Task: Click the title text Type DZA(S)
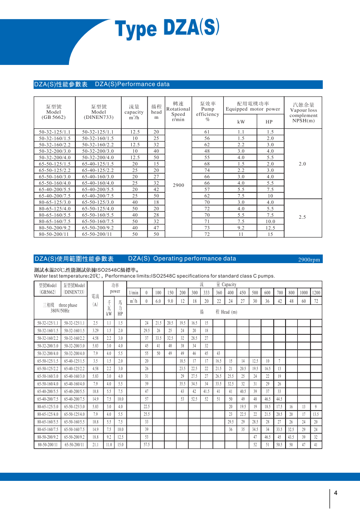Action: pyautogui.click(x=168, y=29)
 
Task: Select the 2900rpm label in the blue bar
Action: pyautogui.click(x=309, y=260)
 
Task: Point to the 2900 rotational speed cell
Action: pyautogui.click(x=178, y=186)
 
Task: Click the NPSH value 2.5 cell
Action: pyautogui.click(x=302, y=217)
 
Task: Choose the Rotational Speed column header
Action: pyautogui.click(x=178, y=112)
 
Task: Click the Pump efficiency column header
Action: pyautogui.click(x=207, y=112)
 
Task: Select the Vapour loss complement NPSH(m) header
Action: pyautogui.click(x=303, y=113)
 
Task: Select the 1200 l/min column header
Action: pyautogui.click(x=316, y=293)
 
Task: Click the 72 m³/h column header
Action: pyautogui.click(x=316, y=301)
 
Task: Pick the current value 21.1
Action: pyautogui.click(x=95, y=445)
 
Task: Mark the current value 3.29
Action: pyautogui.click(x=95, y=331)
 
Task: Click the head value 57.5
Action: pyautogui.click(x=147, y=445)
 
